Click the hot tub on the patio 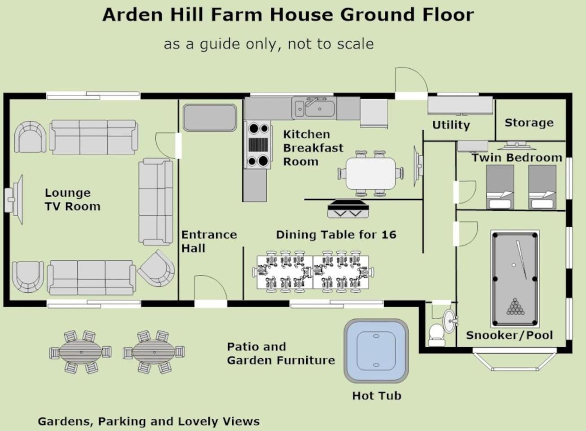376,351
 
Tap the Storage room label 529,123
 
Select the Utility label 451,125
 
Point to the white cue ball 514,265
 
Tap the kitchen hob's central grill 258,145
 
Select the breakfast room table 371,173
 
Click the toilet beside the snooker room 436,335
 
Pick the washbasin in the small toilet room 450,321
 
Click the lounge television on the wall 13,199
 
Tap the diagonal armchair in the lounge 156,268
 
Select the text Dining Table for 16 336,235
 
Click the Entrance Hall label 209,242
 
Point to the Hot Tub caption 376,396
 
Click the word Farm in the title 236,14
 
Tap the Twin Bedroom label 517,158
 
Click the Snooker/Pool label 509,335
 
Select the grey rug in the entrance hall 210,118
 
